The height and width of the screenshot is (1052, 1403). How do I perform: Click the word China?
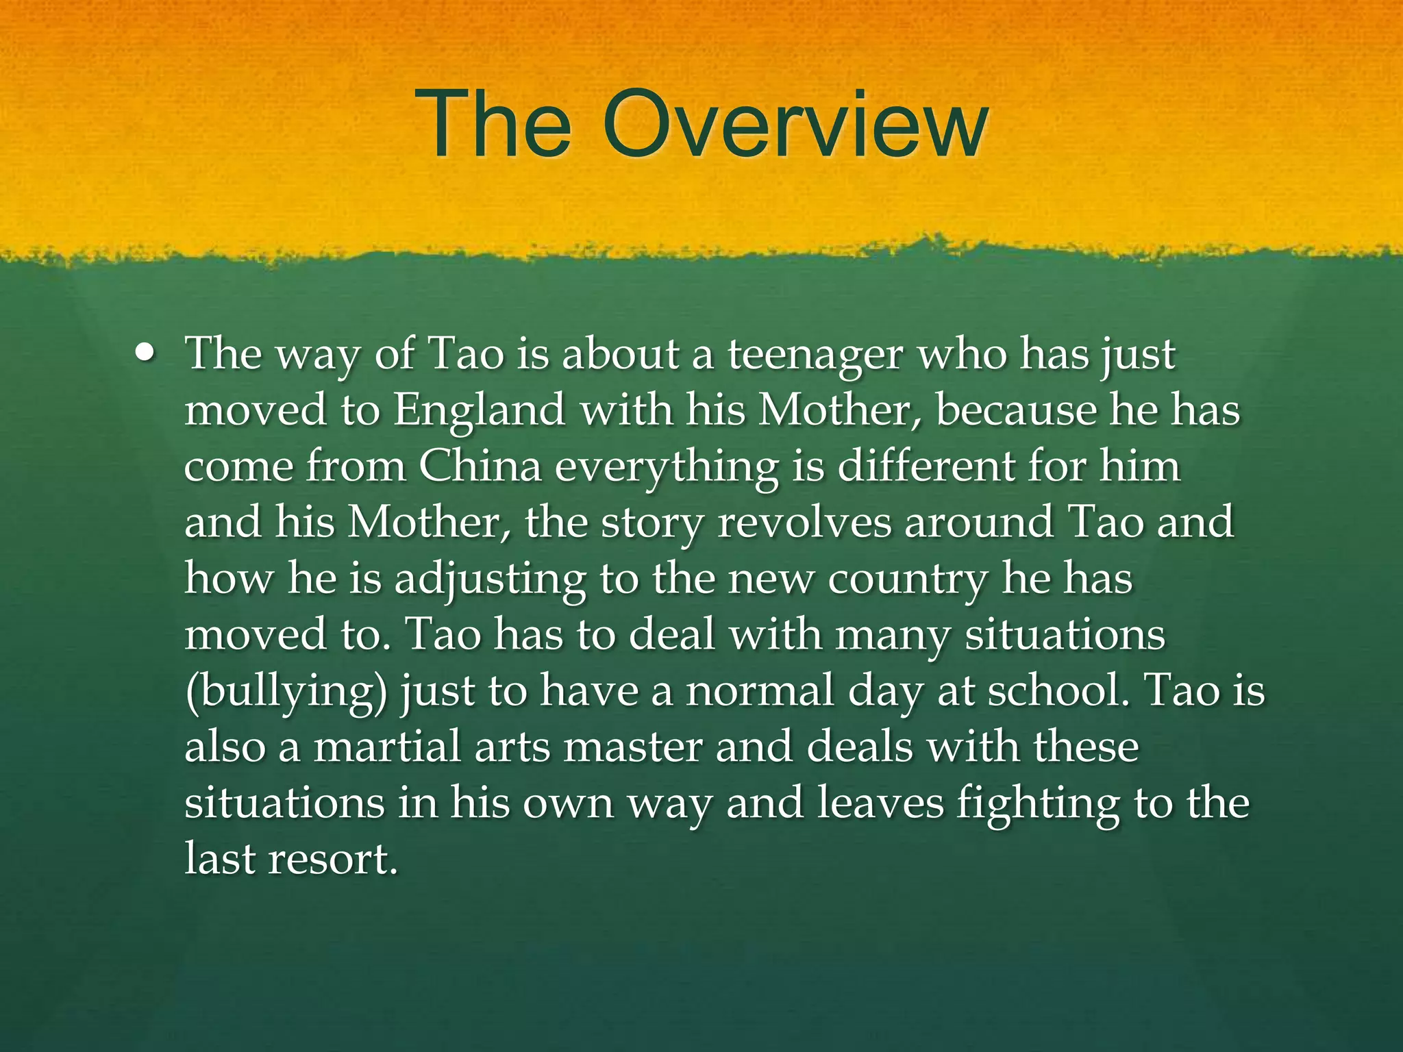[x=480, y=467]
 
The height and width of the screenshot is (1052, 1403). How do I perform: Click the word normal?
[x=760, y=690]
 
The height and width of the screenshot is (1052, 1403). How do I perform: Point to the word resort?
[x=333, y=859]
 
